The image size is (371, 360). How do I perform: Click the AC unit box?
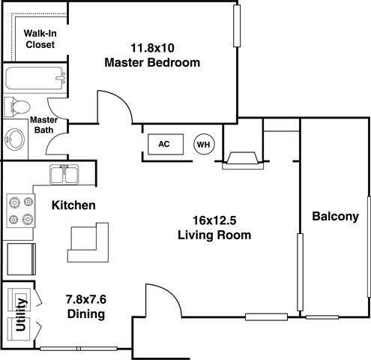[166, 144]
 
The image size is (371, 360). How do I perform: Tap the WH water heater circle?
[204, 144]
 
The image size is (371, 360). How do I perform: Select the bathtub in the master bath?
[35, 78]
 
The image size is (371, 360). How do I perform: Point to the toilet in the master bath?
[17, 107]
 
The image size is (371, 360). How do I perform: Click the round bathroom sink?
[15, 139]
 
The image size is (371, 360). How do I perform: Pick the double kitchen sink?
[64, 175]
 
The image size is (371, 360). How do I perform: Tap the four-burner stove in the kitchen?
[21, 211]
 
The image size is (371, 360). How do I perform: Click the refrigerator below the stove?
[21, 259]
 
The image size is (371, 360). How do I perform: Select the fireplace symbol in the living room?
[243, 160]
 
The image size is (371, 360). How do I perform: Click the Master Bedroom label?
[152, 62]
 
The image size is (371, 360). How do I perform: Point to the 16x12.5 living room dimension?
[214, 220]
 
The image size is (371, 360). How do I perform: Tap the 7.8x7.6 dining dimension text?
[86, 299]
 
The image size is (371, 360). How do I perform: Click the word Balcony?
[335, 216]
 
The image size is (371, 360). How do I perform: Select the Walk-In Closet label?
[40, 39]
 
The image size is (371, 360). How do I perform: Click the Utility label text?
[21, 314]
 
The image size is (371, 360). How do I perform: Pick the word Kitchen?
[73, 205]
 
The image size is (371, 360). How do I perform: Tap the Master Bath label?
[43, 125]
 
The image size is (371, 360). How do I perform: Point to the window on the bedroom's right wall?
[237, 25]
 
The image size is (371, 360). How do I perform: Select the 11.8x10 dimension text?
[152, 48]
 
